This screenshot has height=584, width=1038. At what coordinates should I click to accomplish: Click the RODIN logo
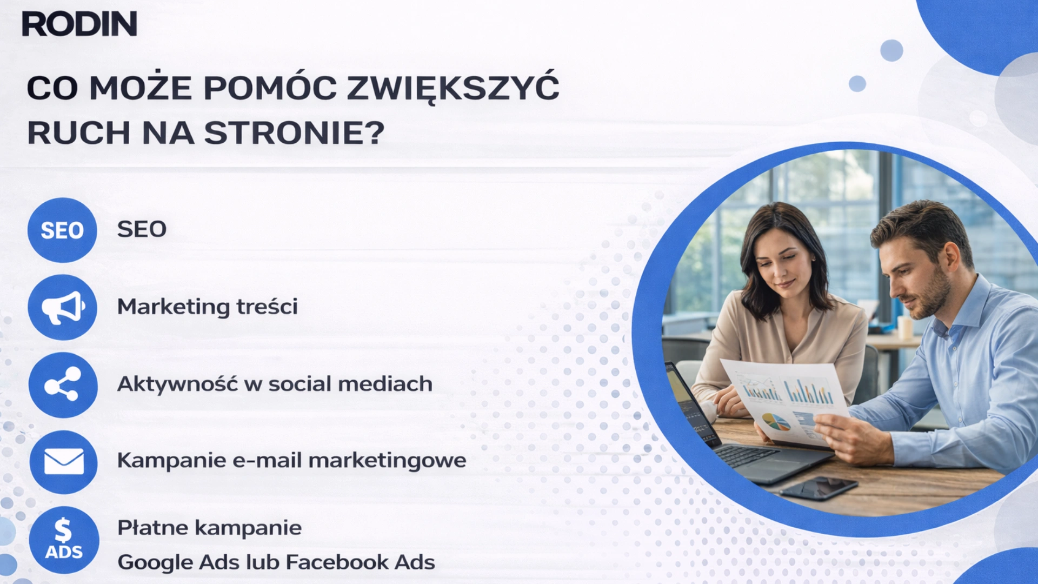click(79, 24)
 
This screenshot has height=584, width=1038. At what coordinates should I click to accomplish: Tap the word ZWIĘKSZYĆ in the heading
click(453, 88)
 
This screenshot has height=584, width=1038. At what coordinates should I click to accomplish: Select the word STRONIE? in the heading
click(295, 133)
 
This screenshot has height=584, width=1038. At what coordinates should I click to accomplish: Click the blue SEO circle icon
click(62, 230)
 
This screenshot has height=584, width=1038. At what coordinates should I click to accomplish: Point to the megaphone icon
click(63, 307)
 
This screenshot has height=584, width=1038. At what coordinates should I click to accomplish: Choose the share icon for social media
click(63, 384)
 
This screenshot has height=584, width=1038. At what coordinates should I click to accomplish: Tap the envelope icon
click(63, 462)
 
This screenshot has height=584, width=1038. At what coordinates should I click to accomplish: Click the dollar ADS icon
click(64, 540)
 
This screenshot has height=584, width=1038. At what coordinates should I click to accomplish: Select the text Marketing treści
click(208, 307)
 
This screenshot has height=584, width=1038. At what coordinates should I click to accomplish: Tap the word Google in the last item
click(155, 562)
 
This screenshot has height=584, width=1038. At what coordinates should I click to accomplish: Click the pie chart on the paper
click(776, 421)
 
